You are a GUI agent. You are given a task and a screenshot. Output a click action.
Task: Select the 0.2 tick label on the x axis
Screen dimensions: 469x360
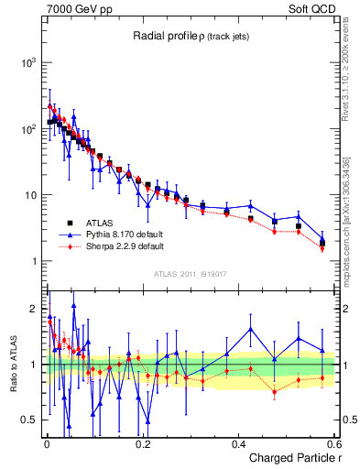(143, 443)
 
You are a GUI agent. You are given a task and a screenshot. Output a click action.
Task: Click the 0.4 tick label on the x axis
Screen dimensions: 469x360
(239, 443)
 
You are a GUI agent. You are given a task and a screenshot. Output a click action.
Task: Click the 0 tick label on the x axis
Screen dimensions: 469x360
(47, 443)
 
